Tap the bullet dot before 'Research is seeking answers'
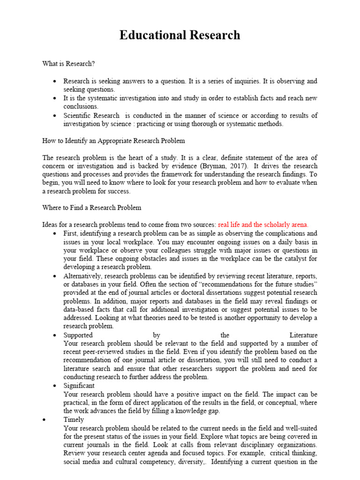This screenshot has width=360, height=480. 56,81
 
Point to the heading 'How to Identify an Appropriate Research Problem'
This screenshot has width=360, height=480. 113,141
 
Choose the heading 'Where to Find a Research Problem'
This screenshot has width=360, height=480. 91,208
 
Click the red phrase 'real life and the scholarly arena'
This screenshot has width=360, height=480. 263,225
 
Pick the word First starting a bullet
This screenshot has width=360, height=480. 71,233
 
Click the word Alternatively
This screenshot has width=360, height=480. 82,276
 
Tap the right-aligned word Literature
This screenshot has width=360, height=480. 303,335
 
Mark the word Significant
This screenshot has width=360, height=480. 79,386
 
